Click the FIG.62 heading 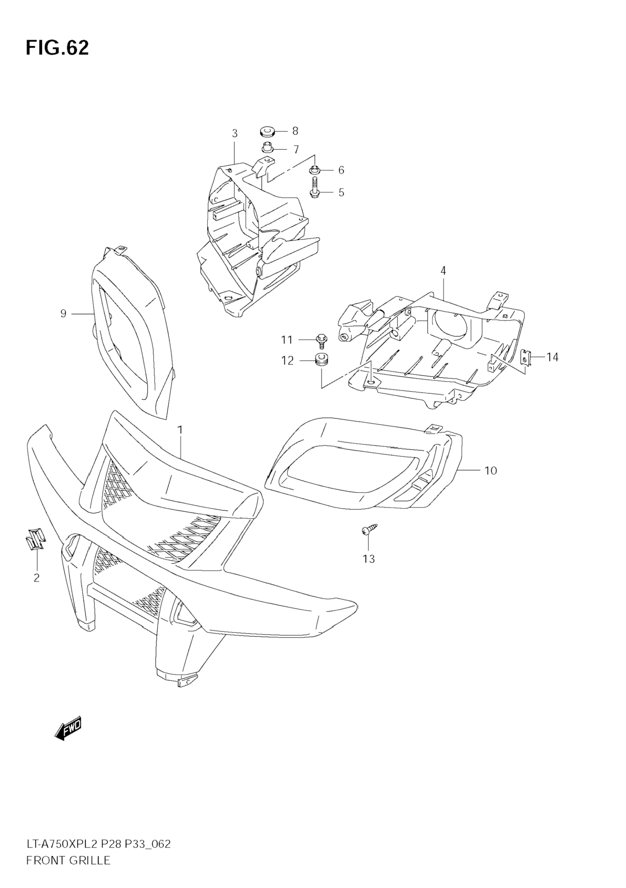tap(57, 48)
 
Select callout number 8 tap(295, 131)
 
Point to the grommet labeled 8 tap(266, 131)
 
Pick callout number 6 tap(341, 170)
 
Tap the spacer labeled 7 tap(267, 149)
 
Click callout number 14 tap(552, 357)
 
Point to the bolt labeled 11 tap(320, 341)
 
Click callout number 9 tap(64, 314)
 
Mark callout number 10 tap(490, 471)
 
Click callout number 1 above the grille tap(180, 430)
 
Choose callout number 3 tap(235, 134)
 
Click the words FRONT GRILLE tap(68, 871)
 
